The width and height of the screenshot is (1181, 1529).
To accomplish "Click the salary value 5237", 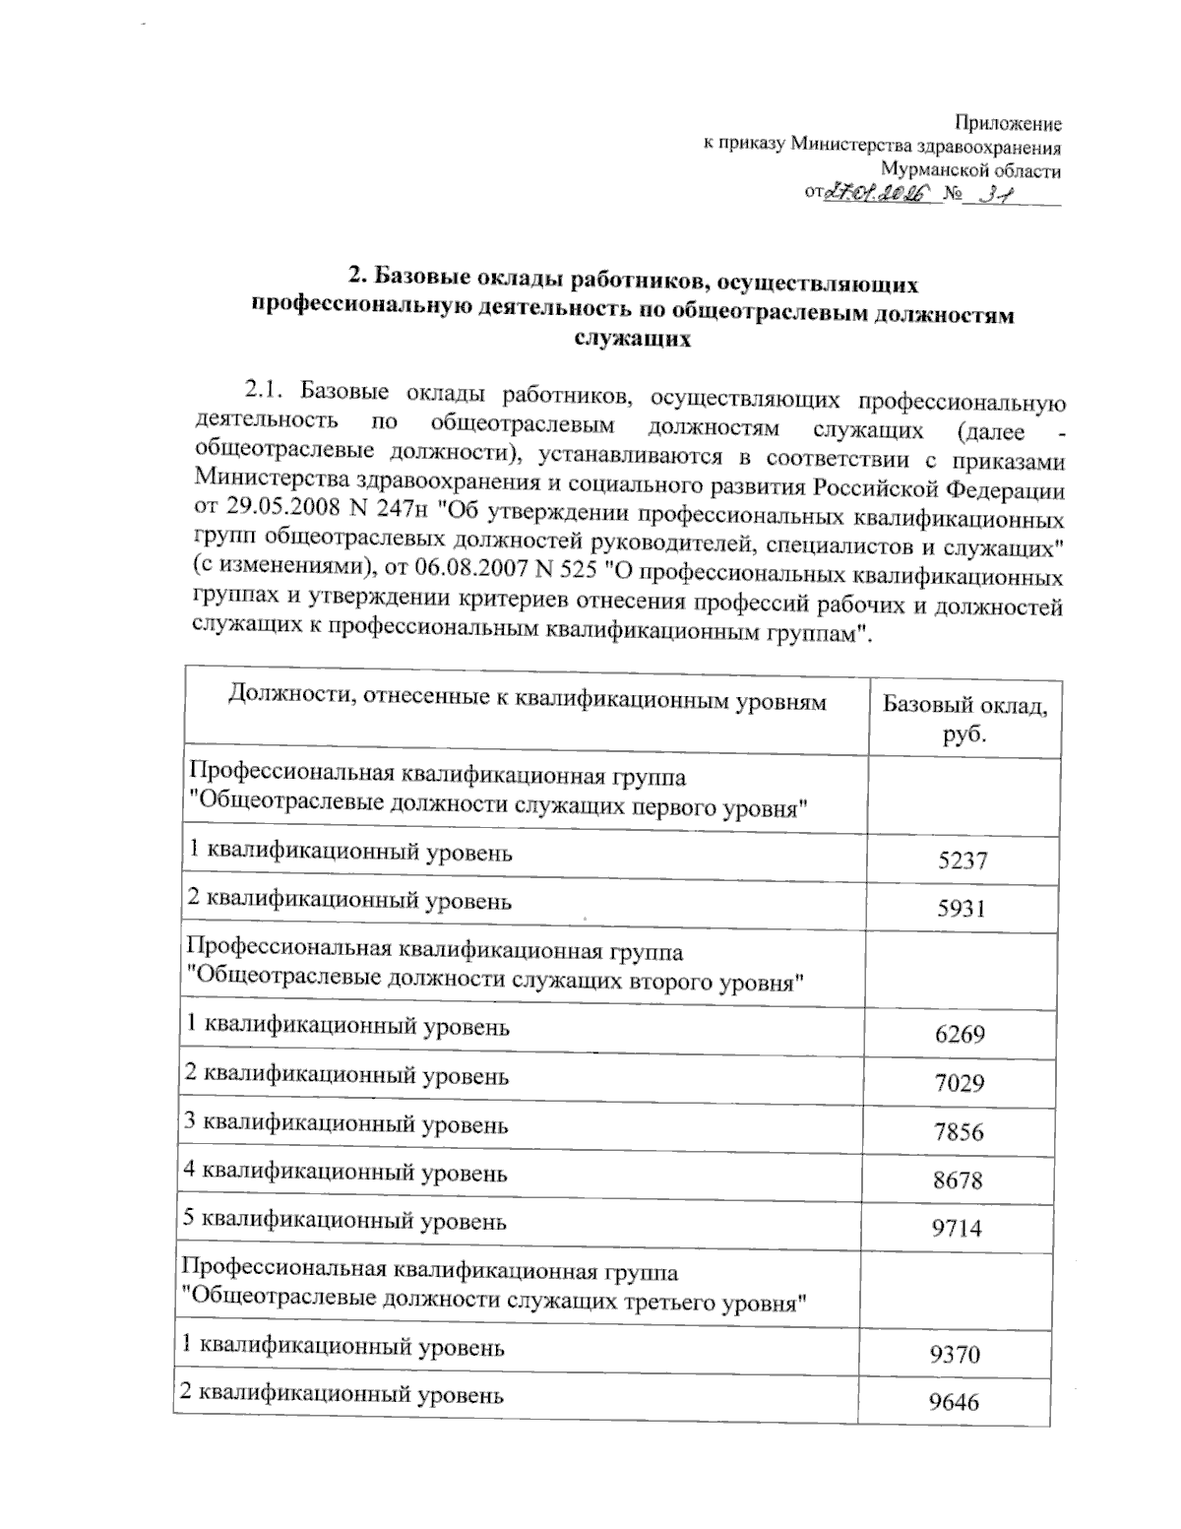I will tap(962, 860).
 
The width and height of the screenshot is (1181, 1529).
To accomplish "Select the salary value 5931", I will tap(962, 908).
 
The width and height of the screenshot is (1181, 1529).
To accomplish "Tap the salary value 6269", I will tap(960, 1034).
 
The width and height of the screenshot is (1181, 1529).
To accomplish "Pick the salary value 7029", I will tap(959, 1083).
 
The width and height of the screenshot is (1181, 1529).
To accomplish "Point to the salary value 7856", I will tap(959, 1131).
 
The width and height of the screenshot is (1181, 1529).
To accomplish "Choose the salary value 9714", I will tap(958, 1228).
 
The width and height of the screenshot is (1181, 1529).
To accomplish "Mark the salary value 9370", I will tap(955, 1354).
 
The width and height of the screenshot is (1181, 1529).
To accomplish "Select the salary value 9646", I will tap(955, 1402).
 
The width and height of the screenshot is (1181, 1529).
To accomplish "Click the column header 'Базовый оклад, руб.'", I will tap(964, 719).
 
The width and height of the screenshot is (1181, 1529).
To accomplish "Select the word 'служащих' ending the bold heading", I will tap(632, 340).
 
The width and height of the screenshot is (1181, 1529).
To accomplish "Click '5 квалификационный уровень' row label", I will tap(345, 1222).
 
